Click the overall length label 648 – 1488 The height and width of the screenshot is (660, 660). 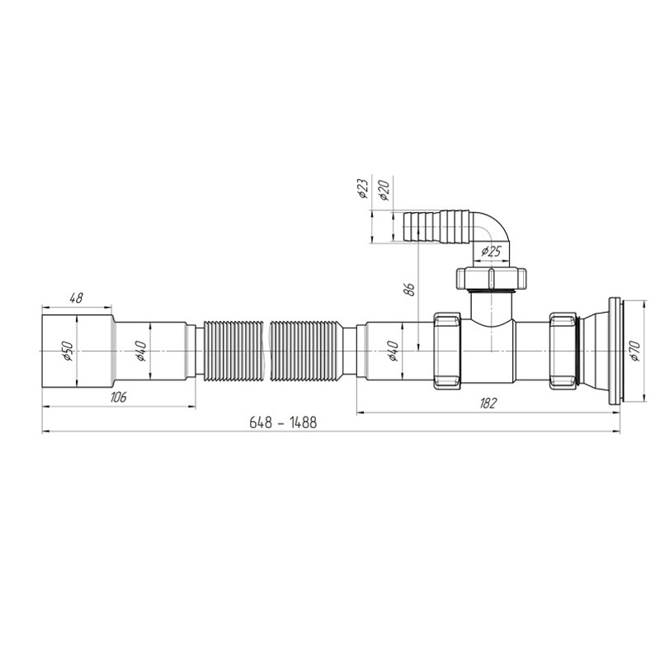(x=283, y=422)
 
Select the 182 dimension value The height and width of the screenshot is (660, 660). (x=488, y=403)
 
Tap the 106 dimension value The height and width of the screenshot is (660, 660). (x=118, y=397)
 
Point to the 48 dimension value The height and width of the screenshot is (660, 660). (x=76, y=298)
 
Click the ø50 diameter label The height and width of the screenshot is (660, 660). (x=68, y=351)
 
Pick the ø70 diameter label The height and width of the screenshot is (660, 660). (x=634, y=351)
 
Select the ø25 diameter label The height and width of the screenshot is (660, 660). (x=491, y=252)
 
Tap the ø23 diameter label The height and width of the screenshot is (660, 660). (x=362, y=188)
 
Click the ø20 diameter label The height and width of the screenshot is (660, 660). (x=384, y=189)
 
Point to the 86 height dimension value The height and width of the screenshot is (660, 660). (x=410, y=290)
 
